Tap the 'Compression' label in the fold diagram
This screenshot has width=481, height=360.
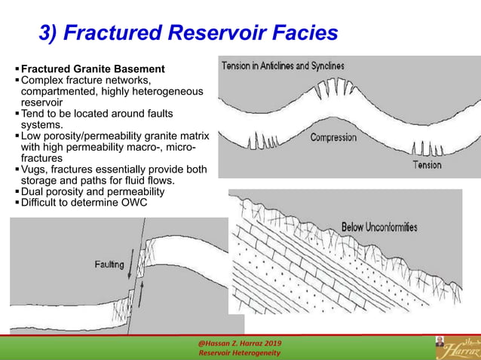334,137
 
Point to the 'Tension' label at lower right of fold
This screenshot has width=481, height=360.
427,164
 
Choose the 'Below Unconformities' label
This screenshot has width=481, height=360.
379,227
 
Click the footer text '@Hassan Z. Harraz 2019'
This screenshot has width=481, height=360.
240,343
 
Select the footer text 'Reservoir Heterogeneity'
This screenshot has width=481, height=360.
239,353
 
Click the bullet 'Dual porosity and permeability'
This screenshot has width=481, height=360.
93,191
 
